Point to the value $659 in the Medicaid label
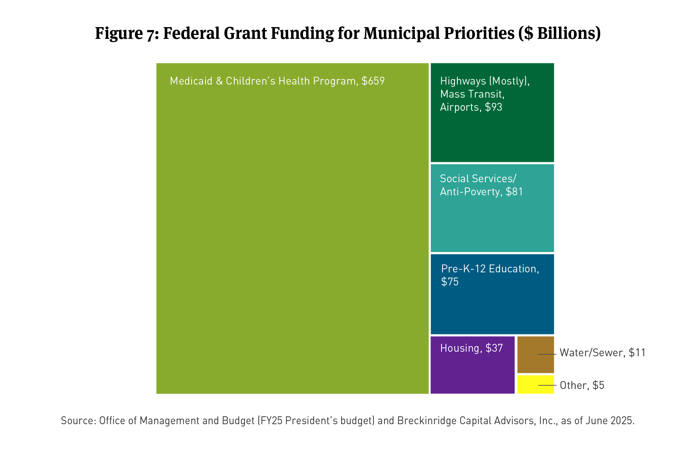point(373,81)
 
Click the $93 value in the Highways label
point(493,107)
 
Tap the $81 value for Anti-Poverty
point(514,192)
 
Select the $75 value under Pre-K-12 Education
point(450,281)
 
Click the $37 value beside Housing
point(494,348)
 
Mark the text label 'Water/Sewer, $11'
point(602,353)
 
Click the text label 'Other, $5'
point(582,385)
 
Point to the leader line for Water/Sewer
point(547,354)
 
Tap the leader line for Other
point(547,385)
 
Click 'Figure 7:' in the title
point(127,33)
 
